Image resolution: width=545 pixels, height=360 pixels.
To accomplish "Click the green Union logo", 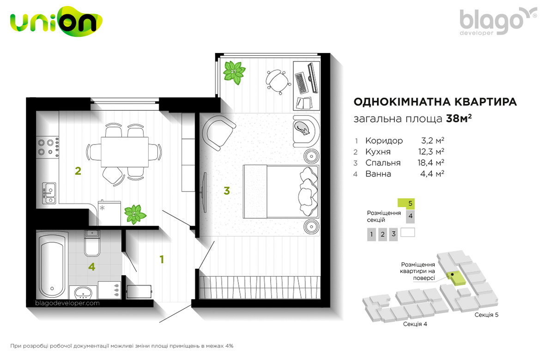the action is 56,21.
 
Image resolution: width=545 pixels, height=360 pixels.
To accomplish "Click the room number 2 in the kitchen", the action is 78,171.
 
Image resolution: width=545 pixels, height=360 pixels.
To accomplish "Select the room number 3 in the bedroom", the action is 227,191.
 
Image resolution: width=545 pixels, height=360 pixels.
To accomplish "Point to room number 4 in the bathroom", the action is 91,267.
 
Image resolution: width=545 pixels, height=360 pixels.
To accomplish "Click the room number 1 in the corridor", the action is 162,259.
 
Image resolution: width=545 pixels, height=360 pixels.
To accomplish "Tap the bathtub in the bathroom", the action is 52,266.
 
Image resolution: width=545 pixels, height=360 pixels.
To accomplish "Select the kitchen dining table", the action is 125,152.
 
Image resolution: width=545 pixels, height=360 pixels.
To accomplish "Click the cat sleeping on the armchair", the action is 303,129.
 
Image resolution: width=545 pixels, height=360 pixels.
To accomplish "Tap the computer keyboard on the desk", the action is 301,83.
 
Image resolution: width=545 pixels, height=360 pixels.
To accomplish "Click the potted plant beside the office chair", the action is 234,72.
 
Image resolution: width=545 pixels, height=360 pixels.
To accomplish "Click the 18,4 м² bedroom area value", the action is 430,162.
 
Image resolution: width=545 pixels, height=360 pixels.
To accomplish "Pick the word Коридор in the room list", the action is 384,141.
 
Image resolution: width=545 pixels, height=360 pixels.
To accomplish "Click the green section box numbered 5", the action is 406,203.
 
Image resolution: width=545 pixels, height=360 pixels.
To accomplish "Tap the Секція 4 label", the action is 415,324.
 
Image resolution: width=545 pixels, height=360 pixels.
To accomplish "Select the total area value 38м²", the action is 459,119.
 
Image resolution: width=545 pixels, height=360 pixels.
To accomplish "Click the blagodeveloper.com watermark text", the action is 67,303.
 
